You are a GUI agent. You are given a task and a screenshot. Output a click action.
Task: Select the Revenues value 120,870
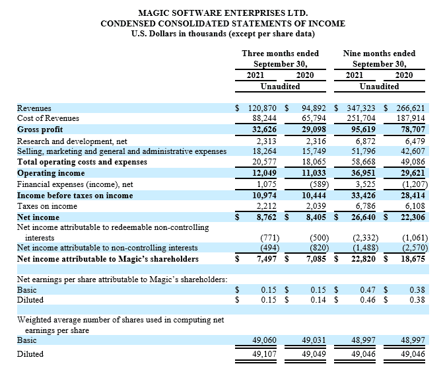(265, 108)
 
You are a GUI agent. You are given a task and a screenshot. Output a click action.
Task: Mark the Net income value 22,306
(413, 217)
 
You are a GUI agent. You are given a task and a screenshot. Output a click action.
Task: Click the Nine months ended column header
(378, 54)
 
